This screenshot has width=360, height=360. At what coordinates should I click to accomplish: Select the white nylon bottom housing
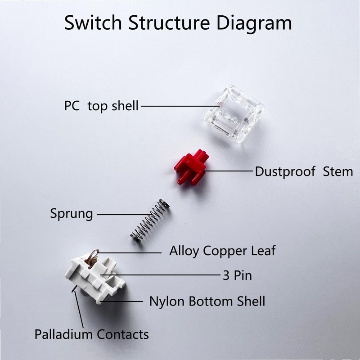[x=96, y=277]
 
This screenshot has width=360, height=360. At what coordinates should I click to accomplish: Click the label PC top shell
[x=101, y=107]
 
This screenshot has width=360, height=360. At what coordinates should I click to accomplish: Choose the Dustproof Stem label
[x=304, y=171]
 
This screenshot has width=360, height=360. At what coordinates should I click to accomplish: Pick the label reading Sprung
[x=71, y=213]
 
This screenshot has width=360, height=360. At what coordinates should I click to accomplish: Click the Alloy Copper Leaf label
[x=222, y=251]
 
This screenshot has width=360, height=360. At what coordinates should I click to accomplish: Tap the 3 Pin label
[x=237, y=275]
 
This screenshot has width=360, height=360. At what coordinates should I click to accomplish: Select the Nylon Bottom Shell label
[x=207, y=301]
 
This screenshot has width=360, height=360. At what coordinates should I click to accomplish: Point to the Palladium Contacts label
[x=91, y=334]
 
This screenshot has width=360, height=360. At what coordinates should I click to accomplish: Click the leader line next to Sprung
[x=121, y=214]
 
